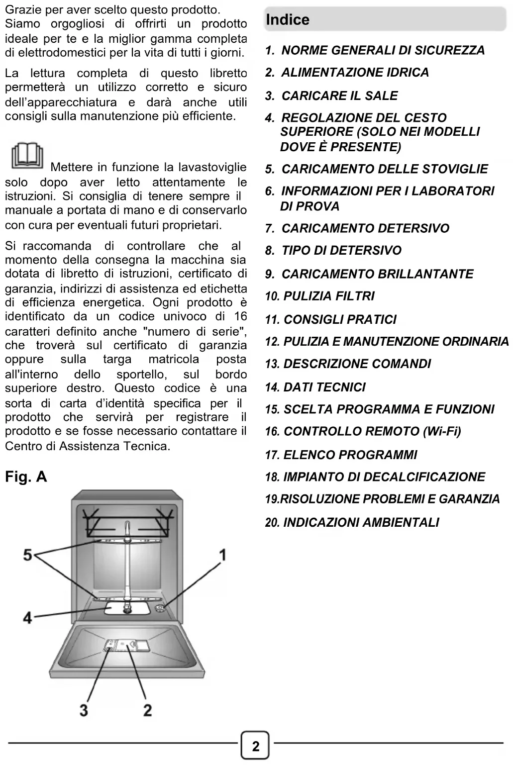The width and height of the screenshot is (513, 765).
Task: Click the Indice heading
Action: pyautogui.click(x=288, y=20)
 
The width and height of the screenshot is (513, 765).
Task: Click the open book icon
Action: pyautogui.click(x=27, y=156)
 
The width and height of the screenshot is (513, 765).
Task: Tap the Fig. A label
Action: pyautogui.click(x=26, y=477)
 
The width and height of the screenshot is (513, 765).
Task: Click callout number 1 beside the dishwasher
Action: pyautogui.click(x=222, y=555)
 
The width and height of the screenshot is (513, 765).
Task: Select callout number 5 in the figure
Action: pyautogui.click(x=28, y=555)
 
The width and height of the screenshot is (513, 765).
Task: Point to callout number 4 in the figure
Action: pyautogui.click(x=27, y=618)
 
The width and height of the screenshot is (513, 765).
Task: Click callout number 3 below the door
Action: pyautogui.click(x=84, y=710)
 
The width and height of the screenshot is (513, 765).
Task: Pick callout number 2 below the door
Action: pyautogui.click(x=147, y=710)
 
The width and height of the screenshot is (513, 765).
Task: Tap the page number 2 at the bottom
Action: pyautogui.click(x=256, y=746)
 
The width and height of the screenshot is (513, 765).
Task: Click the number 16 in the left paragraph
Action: pyautogui.click(x=240, y=316)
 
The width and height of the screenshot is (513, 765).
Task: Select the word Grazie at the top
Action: pyautogui.click(x=20, y=9)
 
